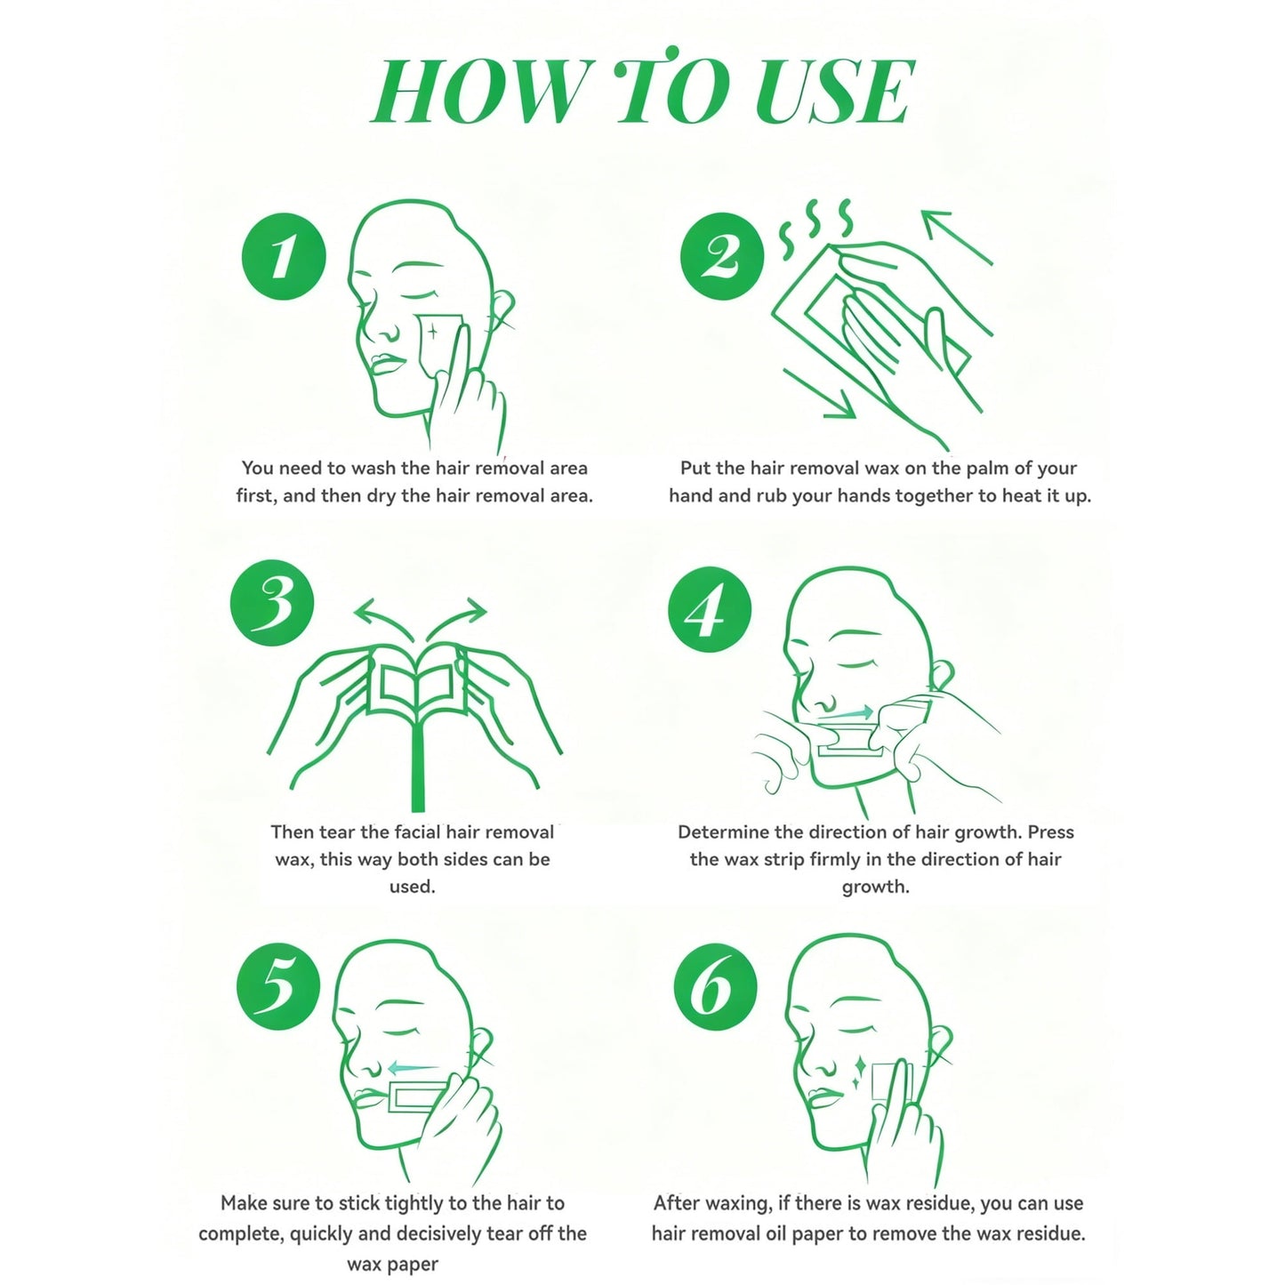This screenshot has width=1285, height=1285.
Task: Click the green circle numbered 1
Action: (x=284, y=256)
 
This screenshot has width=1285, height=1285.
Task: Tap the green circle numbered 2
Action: (x=721, y=256)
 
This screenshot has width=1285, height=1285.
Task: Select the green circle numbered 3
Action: (x=271, y=602)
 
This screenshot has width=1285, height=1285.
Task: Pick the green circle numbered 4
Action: (x=710, y=608)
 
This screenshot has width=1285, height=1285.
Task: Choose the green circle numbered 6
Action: (x=716, y=985)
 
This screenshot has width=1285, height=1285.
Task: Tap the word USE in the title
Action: (x=834, y=92)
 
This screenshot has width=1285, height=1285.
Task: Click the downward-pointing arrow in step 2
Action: (x=819, y=394)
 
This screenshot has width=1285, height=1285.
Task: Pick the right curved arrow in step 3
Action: (x=456, y=620)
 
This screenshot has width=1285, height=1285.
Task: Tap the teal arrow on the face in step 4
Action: (x=847, y=712)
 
